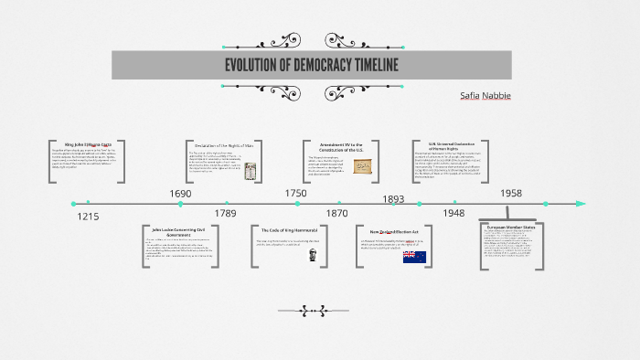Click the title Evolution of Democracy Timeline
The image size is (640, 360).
(x=311, y=65)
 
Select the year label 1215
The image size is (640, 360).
(x=88, y=216)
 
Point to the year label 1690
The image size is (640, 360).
(x=180, y=194)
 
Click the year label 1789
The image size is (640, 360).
(x=225, y=213)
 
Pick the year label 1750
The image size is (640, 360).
(x=295, y=193)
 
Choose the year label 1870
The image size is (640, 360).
(x=337, y=213)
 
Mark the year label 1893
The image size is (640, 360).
(x=393, y=198)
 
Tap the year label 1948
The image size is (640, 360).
(x=453, y=213)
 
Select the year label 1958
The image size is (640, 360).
(x=510, y=194)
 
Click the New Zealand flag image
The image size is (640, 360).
(x=414, y=257)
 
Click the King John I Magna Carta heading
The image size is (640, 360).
(x=88, y=144)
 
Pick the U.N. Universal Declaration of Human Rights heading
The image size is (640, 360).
(x=453, y=146)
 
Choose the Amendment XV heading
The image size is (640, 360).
(x=340, y=146)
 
